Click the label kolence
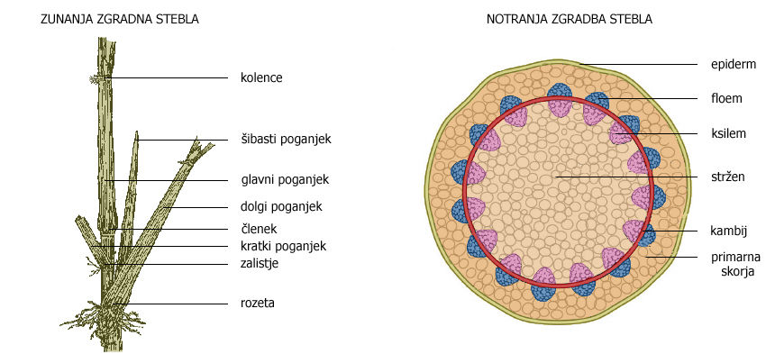click(261, 78)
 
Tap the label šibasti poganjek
click(287, 140)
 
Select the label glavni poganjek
click(284, 180)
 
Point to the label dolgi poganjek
click(281, 206)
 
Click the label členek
click(260, 228)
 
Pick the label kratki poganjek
click(283, 246)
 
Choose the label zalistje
click(261, 264)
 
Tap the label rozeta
click(258, 303)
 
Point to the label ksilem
click(725, 133)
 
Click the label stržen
click(725, 177)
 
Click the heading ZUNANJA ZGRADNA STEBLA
click(120, 18)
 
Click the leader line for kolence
click(171, 78)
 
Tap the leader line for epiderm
click(640, 64)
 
